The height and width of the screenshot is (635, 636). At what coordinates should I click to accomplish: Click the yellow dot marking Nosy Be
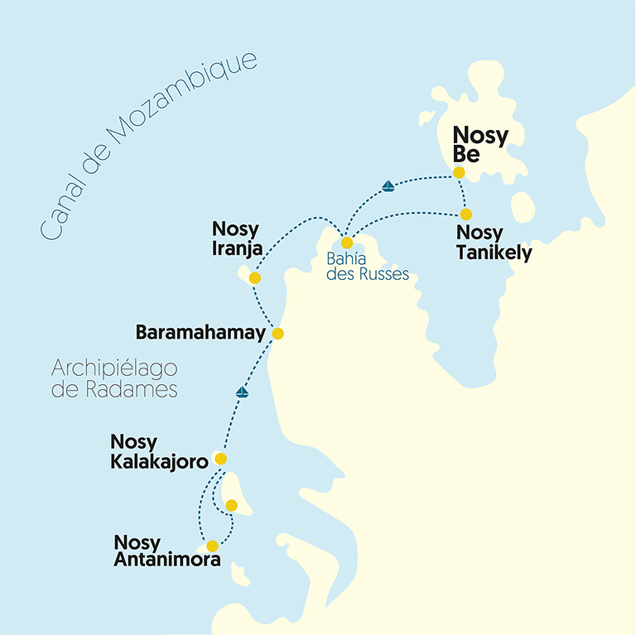point(459,173)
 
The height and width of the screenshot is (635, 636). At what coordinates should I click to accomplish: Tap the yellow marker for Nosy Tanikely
point(466,214)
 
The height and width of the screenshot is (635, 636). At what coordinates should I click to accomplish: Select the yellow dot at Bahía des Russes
point(347,243)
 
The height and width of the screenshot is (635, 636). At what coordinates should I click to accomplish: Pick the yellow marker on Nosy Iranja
point(254,278)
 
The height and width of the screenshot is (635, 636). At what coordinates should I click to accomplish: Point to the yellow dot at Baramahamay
point(278,334)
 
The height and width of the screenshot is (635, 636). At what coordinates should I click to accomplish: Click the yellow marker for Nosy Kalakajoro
point(220,459)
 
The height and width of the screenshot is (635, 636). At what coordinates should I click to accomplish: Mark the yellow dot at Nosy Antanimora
point(213,546)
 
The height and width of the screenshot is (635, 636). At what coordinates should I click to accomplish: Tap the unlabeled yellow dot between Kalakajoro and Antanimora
point(232,505)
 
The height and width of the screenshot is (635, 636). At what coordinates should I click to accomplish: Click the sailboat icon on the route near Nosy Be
point(388,186)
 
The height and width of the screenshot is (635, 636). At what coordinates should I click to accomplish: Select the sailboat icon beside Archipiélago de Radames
point(242,392)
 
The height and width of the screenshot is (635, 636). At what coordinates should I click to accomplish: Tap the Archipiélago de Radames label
point(114,378)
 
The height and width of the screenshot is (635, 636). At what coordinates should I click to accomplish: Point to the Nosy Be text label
point(479,146)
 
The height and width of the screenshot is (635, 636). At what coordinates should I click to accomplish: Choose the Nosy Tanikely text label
point(494,243)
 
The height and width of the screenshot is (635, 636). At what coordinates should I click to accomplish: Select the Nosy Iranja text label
point(237,238)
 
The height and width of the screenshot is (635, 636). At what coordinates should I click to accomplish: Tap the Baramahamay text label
point(200,334)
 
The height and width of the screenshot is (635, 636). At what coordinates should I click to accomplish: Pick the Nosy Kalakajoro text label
point(159,453)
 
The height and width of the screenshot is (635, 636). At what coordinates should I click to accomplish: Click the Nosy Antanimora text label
point(167,551)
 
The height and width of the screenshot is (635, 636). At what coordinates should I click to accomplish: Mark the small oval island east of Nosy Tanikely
point(523,207)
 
